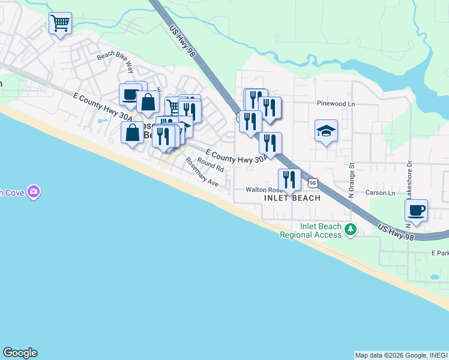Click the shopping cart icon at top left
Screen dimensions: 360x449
(x=60, y=24)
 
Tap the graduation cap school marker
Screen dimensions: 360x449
(x=326, y=131)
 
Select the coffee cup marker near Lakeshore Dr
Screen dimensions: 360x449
(x=416, y=211)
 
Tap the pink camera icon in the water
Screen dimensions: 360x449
(x=34, y=192)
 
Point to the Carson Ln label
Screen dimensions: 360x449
(x=381, y=193)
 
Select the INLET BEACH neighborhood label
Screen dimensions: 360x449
(x=292, y=198)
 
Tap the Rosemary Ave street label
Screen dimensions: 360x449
(x=202, y=172)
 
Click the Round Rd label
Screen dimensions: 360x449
(x=210, y=165)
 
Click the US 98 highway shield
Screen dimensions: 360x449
(x=311, y=182)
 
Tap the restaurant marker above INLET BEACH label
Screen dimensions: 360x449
(x=289, y=179)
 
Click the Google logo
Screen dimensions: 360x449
(x=20, y=353)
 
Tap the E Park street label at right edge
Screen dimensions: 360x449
(x=440, y=253)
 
